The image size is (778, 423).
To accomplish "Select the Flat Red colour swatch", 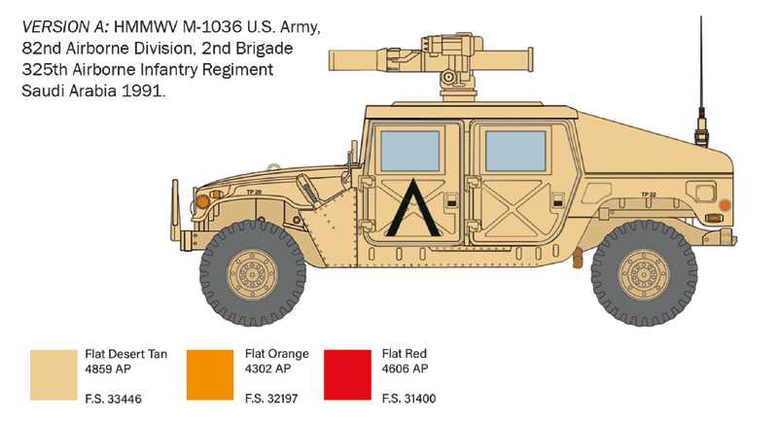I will coord(346,373).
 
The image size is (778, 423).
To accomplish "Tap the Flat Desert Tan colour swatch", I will coord(53,373).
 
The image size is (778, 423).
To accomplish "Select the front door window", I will coord(410,150).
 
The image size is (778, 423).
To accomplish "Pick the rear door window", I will coord(515,150).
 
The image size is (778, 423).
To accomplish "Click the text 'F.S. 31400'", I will coord(409,399).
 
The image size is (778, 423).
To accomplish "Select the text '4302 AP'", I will coord(264,369).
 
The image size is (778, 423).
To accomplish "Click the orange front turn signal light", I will coord(201,201).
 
